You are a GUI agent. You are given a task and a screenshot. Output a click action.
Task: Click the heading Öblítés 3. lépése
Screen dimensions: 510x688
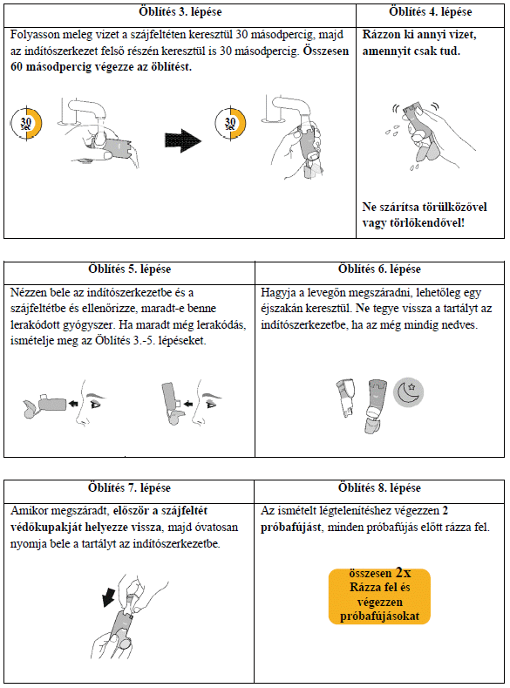click(x=180, y=12)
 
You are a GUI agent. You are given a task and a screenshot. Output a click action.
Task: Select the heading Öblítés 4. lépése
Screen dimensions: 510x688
click(x=430, y=12)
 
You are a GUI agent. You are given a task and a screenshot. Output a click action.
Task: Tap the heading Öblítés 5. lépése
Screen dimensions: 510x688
click(x=129, y=269)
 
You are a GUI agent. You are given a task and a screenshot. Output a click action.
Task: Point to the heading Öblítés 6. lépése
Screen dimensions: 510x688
click(x=379, y=269)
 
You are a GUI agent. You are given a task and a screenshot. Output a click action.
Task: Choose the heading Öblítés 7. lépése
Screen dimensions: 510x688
click(x=129, y=487)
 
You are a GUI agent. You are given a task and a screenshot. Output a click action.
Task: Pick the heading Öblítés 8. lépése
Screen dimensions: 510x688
click(x=379, y=487)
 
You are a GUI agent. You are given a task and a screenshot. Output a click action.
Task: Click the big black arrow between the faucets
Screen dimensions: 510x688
click(x=183, y=141)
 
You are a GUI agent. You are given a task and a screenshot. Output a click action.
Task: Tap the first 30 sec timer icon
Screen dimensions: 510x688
click(x=26, y=123)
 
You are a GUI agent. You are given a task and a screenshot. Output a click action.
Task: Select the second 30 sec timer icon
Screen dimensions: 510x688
click(x=230, y=123)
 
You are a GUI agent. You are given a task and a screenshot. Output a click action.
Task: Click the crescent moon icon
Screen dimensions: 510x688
click(x=408, y=392)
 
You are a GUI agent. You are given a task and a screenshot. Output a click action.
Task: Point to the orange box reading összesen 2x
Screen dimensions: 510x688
click(x=379, y=596)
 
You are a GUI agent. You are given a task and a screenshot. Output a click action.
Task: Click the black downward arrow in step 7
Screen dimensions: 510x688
click(x=108, y=597)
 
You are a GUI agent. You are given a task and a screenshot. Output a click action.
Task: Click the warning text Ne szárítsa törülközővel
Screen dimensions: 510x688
click(x=425, y=208)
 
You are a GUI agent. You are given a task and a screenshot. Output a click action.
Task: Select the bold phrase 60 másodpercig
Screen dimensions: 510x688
click(x=51, y=67)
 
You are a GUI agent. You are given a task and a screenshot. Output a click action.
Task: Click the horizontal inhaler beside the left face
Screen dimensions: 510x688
click(x=45, y=404)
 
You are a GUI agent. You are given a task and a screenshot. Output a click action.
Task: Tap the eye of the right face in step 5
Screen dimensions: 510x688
click(x=212, y=405)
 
